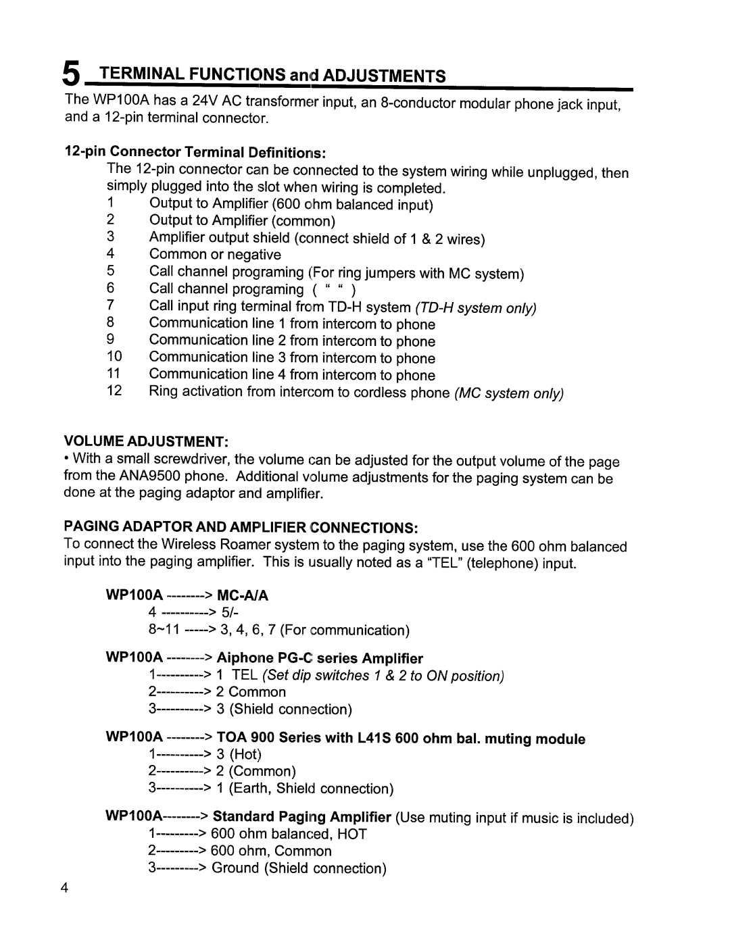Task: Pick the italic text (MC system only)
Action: pyautogui.click(x=509, y=393)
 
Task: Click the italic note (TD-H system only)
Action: pyautogui.click(x=476, y=308)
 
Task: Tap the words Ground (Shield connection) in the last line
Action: pyautogui.click(x=299, y=868)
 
